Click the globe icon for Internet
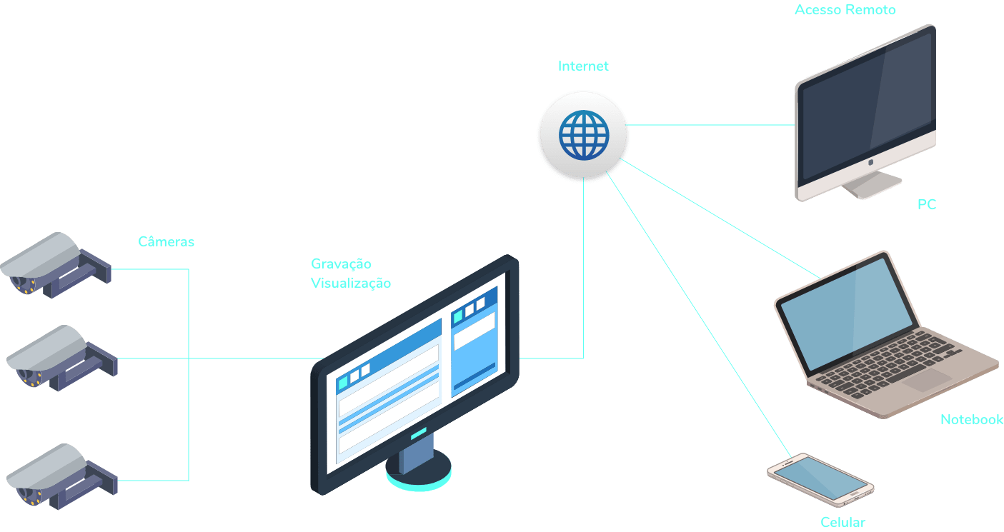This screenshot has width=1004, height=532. click(583, 135)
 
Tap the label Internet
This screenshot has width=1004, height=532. click(583, 66)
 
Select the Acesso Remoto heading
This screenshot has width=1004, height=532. click(845, 10)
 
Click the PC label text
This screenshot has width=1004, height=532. click(927, 205)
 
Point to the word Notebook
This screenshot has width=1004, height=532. click(971, 419)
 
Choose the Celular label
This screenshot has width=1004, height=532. click(843, 523)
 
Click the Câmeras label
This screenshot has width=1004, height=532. click(166, 241)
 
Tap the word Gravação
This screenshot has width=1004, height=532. click(341, 264)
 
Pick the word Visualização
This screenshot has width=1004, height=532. click(351, 283)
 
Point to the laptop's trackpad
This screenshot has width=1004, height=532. click(926, 379)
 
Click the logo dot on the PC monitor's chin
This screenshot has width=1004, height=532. click(870, 163)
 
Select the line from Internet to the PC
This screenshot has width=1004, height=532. click(711, 125)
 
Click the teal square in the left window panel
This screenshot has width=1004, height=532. click(343, 381)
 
